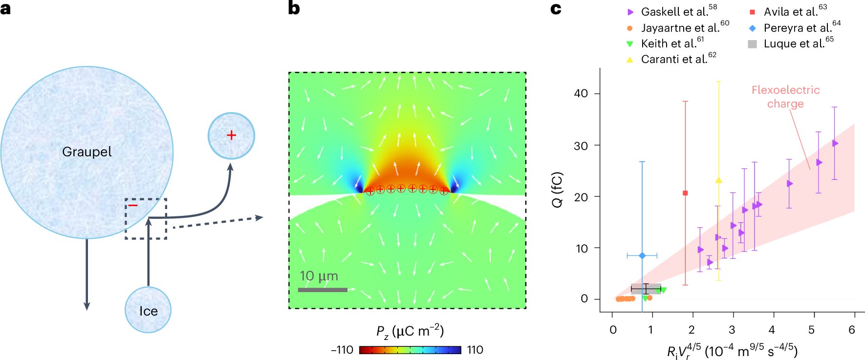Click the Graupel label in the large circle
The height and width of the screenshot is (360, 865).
(x=87, y=152)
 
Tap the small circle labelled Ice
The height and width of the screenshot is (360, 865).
(x=148, y=310)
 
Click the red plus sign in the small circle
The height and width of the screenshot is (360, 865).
(x=231, y=135)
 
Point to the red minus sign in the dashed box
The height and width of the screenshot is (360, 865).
(x=133, y=206)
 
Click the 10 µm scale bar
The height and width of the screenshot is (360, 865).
(x=323, y=290)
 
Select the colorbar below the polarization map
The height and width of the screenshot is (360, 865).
(x=410, y=350)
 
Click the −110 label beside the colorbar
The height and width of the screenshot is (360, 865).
(x=342, y=350)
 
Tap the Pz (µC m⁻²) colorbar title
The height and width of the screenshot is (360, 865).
(x=410, y=331)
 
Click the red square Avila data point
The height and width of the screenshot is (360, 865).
(x=685, y=193)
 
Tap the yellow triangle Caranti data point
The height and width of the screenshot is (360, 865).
(x=718, y=180)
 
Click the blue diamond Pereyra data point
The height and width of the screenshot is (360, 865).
(x=642, y=255)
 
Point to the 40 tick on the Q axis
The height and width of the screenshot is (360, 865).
(x=581, y=93)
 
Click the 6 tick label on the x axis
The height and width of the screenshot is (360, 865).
(x=852, y=330)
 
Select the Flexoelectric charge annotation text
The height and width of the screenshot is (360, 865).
(x=785, y=97)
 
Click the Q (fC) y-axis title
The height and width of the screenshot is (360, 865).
(x=558, y=190)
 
